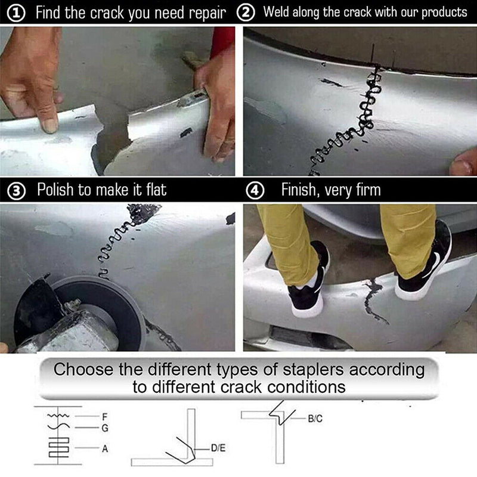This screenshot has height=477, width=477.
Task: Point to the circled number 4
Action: click(x=255, y=190)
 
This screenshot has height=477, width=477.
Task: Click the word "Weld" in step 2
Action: click(x=277, y=12)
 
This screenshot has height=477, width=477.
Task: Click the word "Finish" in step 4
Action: click(x=299, y=190)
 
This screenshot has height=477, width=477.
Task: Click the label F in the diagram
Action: click(x=105, y=416)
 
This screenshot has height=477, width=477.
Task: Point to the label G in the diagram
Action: click(x=105, y=428)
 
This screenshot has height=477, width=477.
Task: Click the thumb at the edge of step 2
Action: click(x=463, y=162)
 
